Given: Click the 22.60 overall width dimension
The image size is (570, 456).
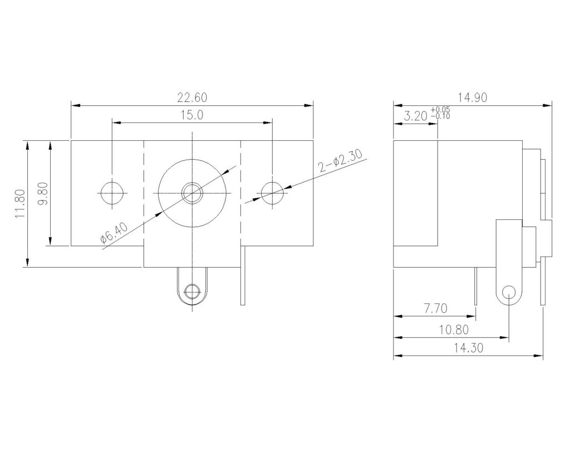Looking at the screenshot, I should [x=192, y=97].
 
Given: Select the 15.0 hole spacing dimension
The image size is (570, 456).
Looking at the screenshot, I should [x=192, y=115].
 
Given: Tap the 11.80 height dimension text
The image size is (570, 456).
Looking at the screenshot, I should [x=20, y=204].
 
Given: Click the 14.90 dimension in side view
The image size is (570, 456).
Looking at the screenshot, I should [x=473, y=97].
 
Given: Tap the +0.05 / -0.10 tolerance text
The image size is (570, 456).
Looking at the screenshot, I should [x=440, y=113].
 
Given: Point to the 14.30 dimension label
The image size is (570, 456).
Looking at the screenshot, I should [x=469, y=349].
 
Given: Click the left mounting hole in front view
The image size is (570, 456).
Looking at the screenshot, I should [x=112, y=193].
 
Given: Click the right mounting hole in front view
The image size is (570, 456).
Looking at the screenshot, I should [x=272, y=193].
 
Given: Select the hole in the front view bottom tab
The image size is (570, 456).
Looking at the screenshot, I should [x=192, y=291].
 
